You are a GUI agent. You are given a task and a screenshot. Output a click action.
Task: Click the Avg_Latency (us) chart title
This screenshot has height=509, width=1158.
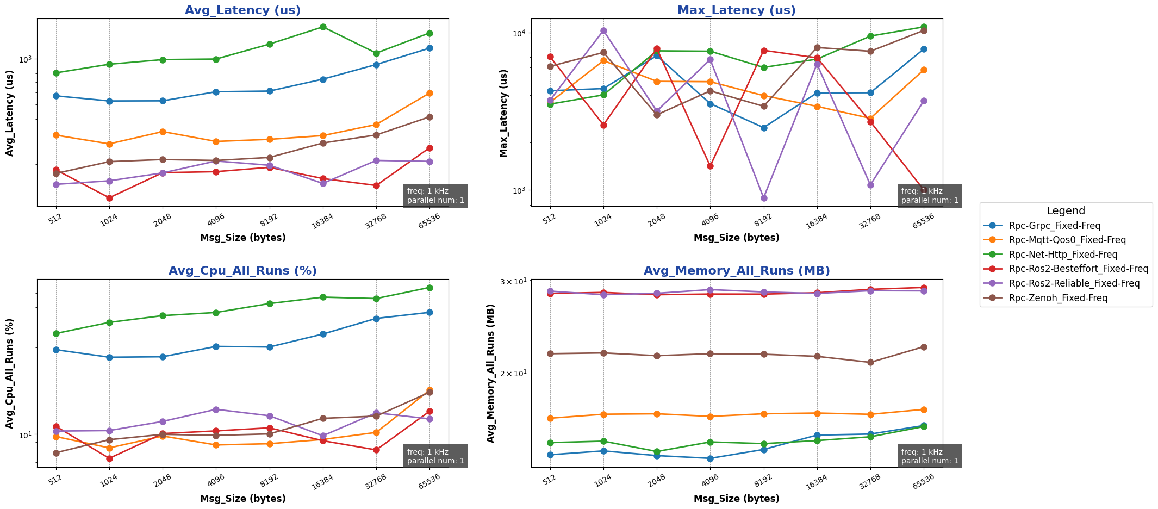[x=242, y=10]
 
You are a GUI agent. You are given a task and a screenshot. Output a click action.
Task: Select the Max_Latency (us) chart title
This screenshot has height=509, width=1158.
[x=736, y=10]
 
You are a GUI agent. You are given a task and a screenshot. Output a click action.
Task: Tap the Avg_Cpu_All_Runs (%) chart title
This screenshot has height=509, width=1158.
[x=242, y=271]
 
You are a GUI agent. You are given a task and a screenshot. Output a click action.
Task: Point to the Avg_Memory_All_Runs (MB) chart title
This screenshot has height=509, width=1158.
[x=736, y=271]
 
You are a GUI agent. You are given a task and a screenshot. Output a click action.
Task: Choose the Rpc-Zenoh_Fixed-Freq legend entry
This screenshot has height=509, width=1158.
[x=1057, y=298]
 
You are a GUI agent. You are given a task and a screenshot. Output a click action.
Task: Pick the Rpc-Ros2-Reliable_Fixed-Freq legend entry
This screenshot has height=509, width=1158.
[x=1074, y=283]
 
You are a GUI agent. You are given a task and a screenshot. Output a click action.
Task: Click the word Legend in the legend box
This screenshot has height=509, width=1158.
[x=1066, y=211]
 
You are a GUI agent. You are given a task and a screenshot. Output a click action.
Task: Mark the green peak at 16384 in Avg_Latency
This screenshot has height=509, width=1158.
[x=323, y=27]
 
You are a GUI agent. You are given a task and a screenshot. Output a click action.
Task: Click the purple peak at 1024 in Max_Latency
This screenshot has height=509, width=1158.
[x=603, y=31]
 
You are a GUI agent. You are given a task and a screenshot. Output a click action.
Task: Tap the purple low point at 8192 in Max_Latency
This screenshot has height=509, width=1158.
[x=764, y=198]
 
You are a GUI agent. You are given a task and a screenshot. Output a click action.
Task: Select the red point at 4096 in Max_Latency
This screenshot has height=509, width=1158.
[x=710, y=166]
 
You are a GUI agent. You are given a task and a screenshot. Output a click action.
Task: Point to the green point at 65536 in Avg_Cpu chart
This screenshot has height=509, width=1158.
[x=429, y=288]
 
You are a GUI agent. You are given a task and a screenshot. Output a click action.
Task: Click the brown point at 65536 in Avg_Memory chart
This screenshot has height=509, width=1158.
[x=924, y=347]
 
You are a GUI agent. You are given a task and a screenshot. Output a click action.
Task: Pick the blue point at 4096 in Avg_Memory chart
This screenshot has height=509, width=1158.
[x=710, y=458]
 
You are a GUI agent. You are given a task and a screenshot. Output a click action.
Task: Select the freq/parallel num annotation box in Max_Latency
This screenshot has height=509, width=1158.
[x=930, y=196]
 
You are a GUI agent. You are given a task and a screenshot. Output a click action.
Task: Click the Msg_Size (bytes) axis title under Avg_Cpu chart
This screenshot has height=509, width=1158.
[x=242, y=499]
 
